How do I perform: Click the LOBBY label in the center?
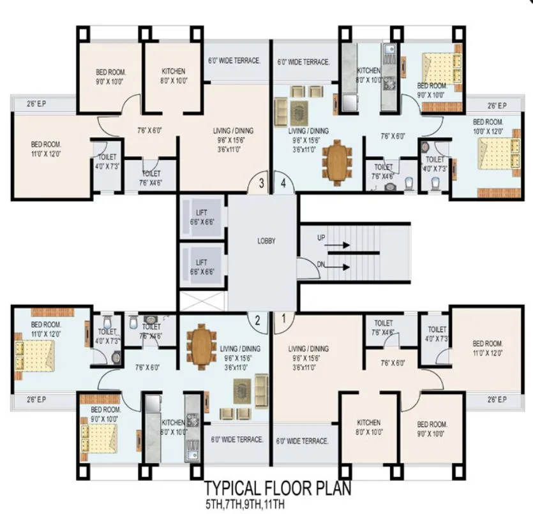pos(266,242)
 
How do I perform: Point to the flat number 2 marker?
pos(257,321)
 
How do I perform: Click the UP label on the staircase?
pos(322,237)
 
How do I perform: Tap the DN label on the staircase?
pos(322,263)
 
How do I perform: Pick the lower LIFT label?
pos(201,262)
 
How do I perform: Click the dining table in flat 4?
pos(336,161)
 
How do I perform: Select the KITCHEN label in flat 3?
pos(173,71)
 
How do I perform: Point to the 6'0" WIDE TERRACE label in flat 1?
pos(303,441)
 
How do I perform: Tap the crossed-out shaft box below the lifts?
pos(202,300)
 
